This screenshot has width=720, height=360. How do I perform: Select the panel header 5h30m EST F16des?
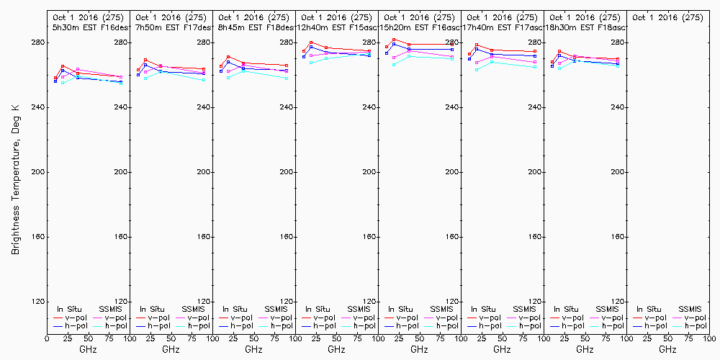88,27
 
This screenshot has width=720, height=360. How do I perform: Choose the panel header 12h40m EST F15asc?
338,27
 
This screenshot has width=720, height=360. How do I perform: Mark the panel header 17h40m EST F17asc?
503,27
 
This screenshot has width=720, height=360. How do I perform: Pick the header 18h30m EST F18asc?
585,27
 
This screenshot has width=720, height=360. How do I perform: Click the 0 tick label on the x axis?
47,337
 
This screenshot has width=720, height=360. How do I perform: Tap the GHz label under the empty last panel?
667,349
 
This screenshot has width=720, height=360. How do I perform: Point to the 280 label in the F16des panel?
121,42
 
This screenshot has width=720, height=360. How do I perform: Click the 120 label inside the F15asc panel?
369,302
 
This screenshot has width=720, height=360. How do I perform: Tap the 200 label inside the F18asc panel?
617,172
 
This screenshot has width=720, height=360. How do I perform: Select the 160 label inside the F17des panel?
204,237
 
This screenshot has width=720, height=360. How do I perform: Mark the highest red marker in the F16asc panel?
394,40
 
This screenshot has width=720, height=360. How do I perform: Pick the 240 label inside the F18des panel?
287,107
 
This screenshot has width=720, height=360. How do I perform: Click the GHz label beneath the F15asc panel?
336,349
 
